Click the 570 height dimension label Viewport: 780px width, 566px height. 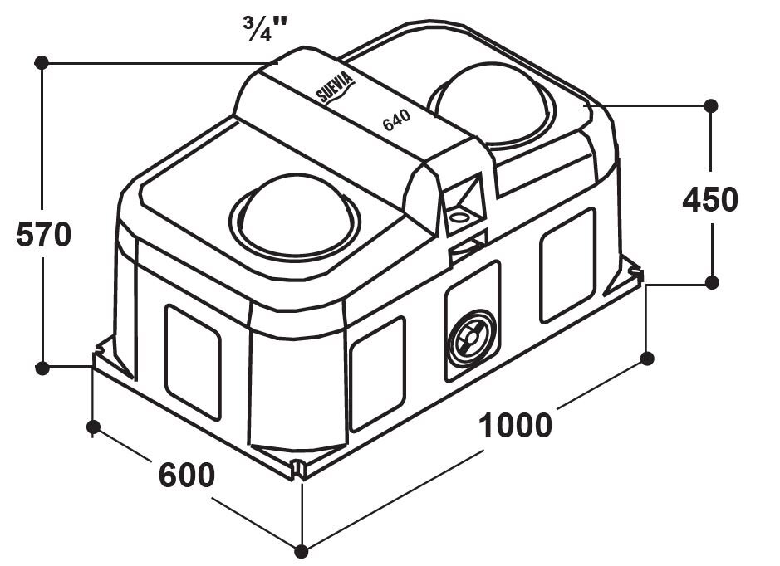[x=44, y=235]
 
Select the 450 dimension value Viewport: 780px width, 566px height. [x=709, y=200]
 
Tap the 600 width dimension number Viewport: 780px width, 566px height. [x=187, y=476]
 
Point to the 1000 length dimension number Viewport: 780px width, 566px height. [x=516, y=425]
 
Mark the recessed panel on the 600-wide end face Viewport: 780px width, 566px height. [x=193, y=361]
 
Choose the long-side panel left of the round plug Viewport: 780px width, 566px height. [x=378, y=373]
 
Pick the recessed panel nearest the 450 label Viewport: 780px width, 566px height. [x=567, y=265]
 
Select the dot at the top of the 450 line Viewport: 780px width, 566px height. [x=710, y=105]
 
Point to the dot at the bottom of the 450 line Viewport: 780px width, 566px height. [x=711, y=282]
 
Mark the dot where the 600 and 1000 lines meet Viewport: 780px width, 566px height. [x=302, y=550]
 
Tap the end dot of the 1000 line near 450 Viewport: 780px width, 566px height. [x=648, y=358]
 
